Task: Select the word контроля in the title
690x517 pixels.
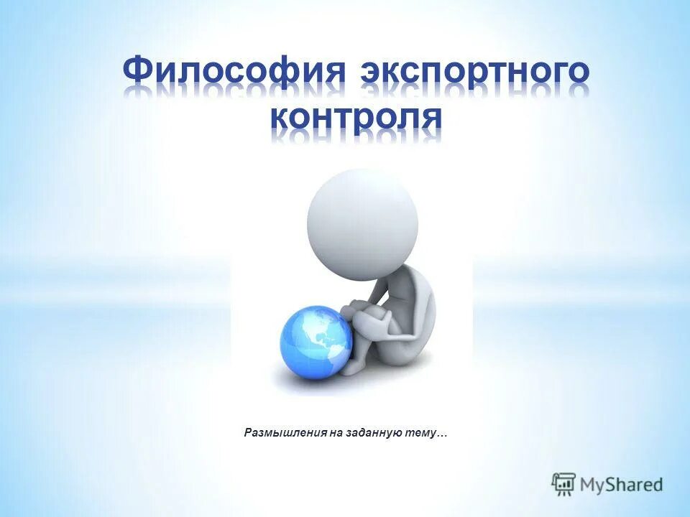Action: [356, 116]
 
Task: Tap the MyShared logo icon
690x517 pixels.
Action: [564, 484]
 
